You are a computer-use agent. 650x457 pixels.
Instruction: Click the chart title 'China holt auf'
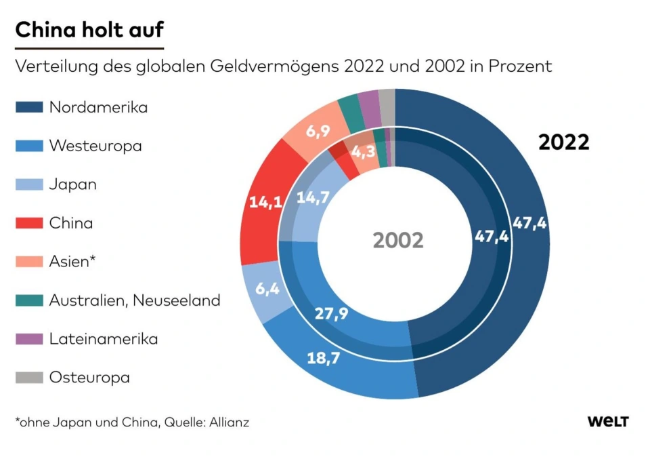89,31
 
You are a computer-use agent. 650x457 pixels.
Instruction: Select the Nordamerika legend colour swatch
29,107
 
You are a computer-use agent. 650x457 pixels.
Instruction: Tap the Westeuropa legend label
95,146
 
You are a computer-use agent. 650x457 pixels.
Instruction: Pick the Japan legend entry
72,184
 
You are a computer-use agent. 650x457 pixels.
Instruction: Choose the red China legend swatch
29,223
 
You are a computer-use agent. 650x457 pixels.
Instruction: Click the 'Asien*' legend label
69,261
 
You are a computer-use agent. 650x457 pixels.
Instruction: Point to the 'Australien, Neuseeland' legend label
134,300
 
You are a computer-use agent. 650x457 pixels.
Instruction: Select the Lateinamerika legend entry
103,339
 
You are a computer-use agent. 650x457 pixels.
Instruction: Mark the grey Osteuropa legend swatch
29,377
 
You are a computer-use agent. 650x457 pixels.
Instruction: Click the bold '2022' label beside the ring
563,143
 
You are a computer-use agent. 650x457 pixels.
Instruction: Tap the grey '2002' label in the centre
398,240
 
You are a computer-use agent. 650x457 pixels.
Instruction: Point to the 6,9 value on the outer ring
318,132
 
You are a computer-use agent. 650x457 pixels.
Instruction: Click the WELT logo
607,422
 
